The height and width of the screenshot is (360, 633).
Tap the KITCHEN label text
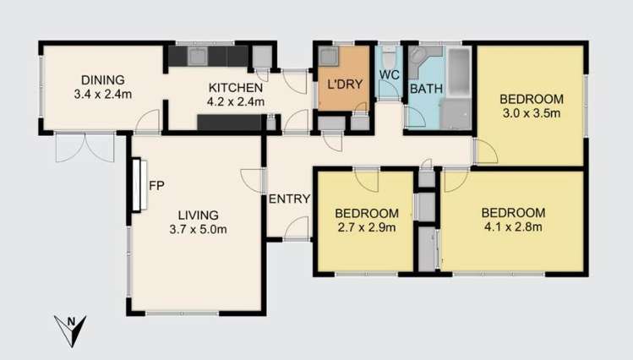237,87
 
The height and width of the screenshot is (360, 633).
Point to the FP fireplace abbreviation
156,183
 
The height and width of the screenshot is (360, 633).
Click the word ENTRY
289,199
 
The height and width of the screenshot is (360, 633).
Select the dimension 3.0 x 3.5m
532,112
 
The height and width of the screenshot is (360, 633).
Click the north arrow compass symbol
71,329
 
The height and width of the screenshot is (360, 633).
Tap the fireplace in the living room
136,185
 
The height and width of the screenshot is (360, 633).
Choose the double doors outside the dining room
84,149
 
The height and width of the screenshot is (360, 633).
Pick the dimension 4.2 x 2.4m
237,101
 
